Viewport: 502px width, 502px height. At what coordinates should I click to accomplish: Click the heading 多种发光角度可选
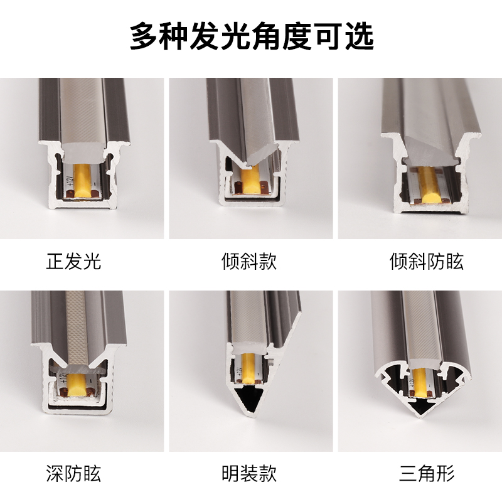coord(252,36)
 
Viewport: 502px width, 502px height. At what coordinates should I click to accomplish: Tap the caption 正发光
coord(73,261)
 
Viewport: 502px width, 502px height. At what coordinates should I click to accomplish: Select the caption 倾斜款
coord(249,261)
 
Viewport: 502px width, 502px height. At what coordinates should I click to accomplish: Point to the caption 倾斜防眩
coord(427,261)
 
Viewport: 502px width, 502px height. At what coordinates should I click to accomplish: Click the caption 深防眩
coord(73,473)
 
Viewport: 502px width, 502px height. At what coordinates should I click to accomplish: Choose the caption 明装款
coord(249,473)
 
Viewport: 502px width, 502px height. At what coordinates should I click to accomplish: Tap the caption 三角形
coord(427,473)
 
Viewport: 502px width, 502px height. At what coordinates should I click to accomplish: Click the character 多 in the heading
coord(144,36)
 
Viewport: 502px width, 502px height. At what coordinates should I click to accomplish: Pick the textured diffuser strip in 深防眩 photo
coord(76,330)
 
